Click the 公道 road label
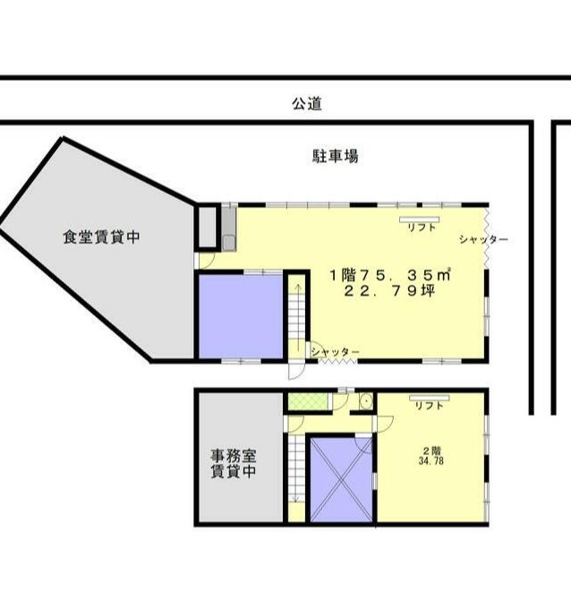pyautogui.click(x=307, y=104)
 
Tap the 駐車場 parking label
pyautogui.click(x=335, y=156)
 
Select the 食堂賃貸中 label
pyautogui.click(x=101, y=236)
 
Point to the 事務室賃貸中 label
pyautogui.click(x=234, y=464)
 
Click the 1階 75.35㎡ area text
pyautogui.click(x=390, y=275)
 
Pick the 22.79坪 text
pyautogui.click(x=390, y=291)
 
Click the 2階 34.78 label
pyautogui.click(x=431, y=456)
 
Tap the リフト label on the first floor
pyautogui.click(x=422, y=228)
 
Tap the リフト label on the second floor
pyautogui.click(x=430, y=406)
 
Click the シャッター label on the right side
pyautogui.click(x=483, y=239)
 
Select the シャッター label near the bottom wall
pyautogui.click(x=336, y=351)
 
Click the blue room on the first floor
pyautogui.click(x=241, y=316)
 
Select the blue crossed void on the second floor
pyautogui.click(x=341, y=480)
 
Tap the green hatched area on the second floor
pyautogui.click(x=308, y=401)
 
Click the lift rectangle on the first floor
pyautogui.click(x=420, y=219)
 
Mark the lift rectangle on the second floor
pyautogui.click(x=429, y=398)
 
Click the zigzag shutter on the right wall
pyautogui.click(x=487, y=237)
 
